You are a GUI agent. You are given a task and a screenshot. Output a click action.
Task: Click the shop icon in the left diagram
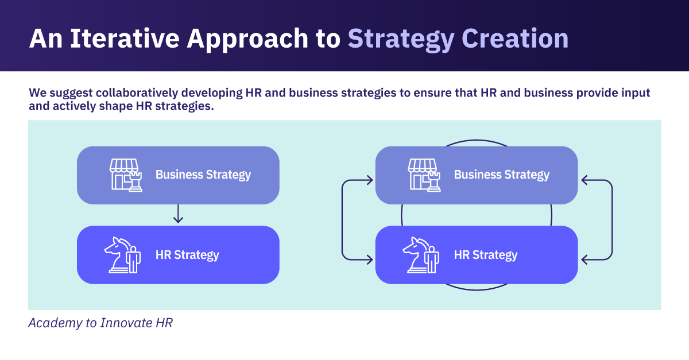pyautogui.click(x=126, y=175)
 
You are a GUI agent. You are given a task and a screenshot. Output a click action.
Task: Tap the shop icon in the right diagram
pyautogui.click(x=424, y=175)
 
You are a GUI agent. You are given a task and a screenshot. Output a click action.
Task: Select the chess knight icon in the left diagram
pyautogui.click(x=122, y=255)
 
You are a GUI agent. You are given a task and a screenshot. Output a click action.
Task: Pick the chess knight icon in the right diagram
pyautogui.click(x=421, y=255)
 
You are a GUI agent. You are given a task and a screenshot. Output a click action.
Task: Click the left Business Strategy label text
pyautogui.click(x=203, y=175)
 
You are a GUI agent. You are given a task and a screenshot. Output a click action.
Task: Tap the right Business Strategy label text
pyautogui.click(x=502, y=175)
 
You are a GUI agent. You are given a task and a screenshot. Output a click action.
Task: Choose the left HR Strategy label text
pyautogui.click(x=187, y=255)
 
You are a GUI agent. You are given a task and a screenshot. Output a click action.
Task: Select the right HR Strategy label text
pyautogui.click(x=486, y=255)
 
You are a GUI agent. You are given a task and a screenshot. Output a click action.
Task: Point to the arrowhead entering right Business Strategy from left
pyautogui.click(x=369, y=181)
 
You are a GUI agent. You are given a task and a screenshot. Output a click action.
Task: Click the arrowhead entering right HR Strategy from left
pyautogui.click(x=369, y=260)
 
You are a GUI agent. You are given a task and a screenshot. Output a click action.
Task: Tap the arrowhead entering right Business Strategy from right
pyautogui.click(x=585, y=181)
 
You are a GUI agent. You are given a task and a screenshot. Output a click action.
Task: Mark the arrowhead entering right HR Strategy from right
pyautogui.click(x=585, y=260)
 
